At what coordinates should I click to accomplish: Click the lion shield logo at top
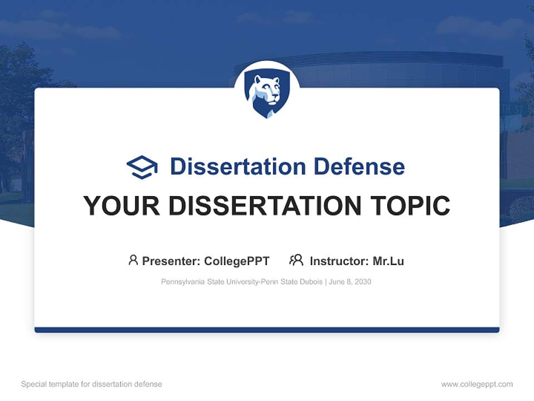(x=266, y=95)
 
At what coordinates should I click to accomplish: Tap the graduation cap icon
(x=142, y=167)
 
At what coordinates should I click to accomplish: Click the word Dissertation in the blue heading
(x=238, y=167)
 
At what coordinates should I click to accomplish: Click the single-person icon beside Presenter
(x=133, y=260)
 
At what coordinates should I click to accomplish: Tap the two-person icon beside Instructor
(x=296, y=260)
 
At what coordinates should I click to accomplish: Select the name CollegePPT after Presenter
(x=237, y=261)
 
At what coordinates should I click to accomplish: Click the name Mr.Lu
(x=388, y=261)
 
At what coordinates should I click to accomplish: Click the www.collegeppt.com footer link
(x=477, y=384)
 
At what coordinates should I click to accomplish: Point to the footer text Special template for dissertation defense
(x=91, y=384)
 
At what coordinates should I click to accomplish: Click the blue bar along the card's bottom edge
(x=267, y=330)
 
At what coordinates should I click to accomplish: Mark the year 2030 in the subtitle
(x=363, y=282)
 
